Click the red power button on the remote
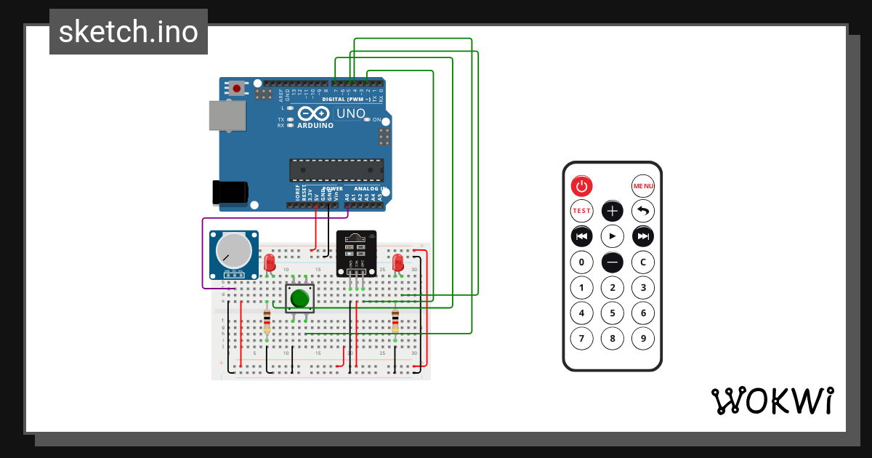(x=581, y=186)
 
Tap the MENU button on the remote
(x=643, y=186)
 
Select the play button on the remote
(x=613, y=236)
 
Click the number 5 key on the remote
(x=613, y=313)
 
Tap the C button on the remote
(x=643, y=262)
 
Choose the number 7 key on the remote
(x=581, y=338)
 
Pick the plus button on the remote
(x=613, y=212)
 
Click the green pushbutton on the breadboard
(x=300, y=298)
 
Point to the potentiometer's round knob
(x=235, y=251)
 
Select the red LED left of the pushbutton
(x=270, y=262)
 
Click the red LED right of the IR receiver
(x=397, y=262)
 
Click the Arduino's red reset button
(x=237, y=89)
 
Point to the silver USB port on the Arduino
(x=227, y=116)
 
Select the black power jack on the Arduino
(x=230, y=192)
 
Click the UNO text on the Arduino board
(x=350, y=113)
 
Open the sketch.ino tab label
(x=129, y=32)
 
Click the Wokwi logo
(x=772, y=401)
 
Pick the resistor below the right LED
(x=395, y=321)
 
